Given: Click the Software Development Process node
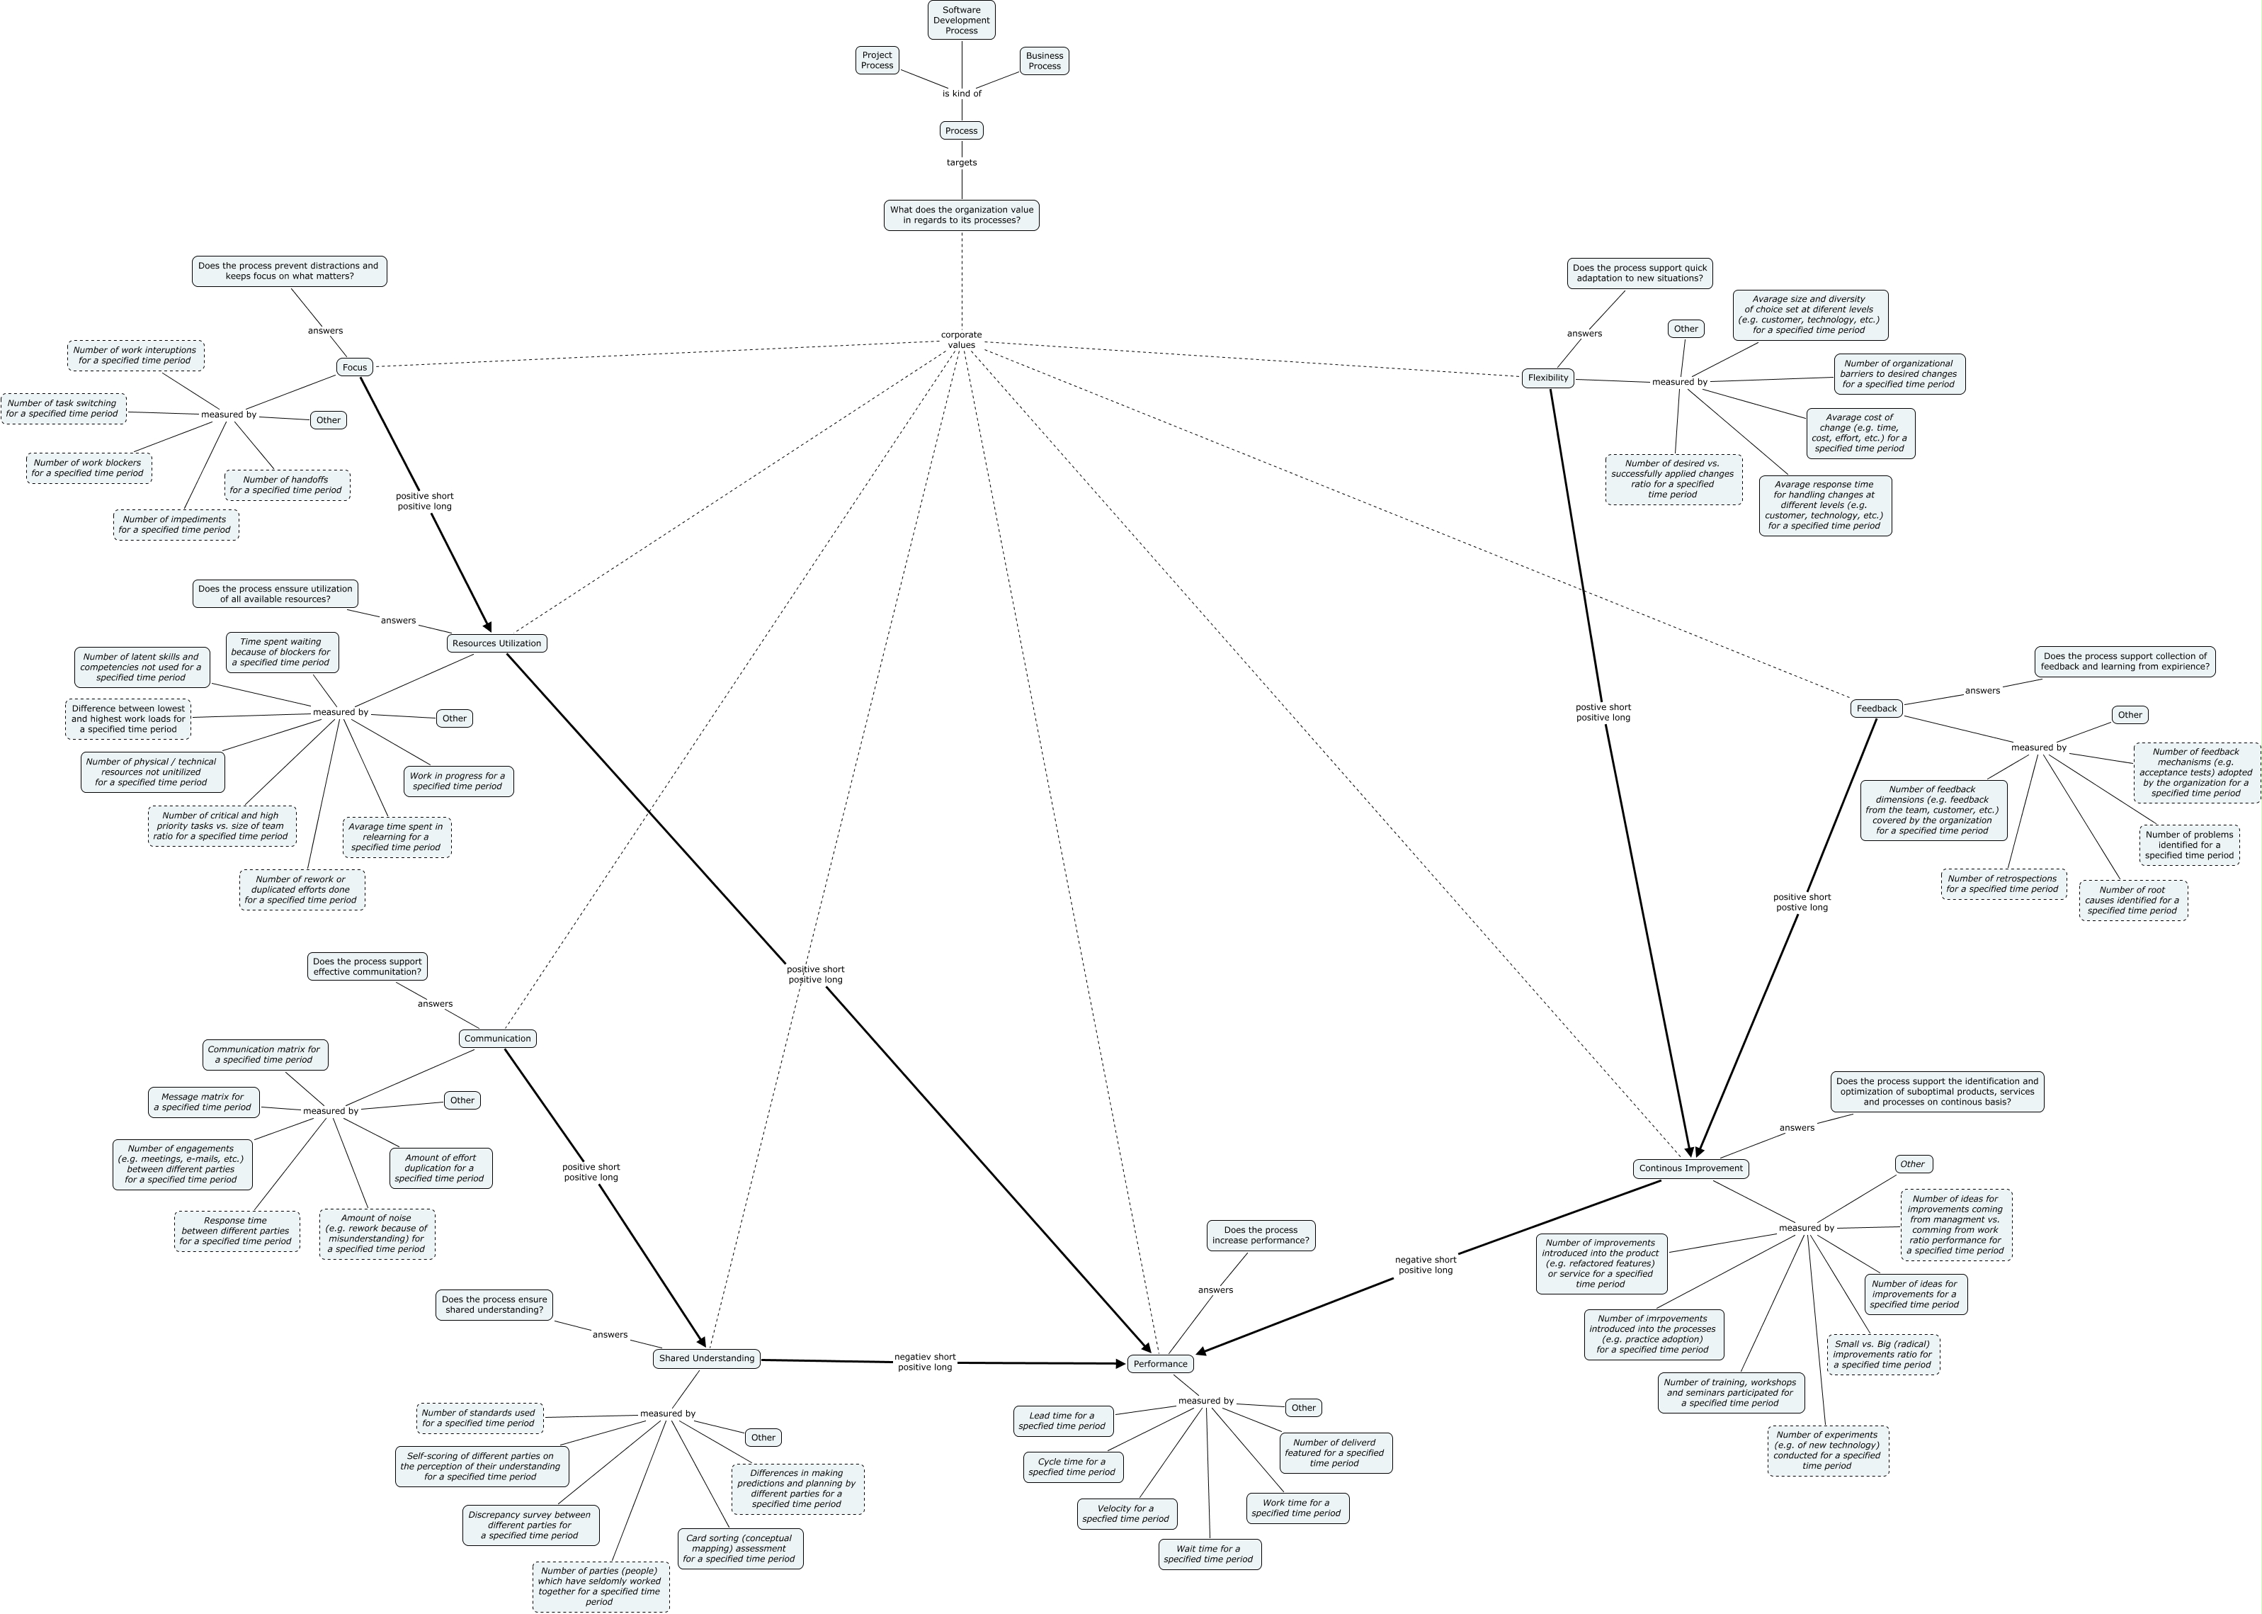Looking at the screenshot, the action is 960,20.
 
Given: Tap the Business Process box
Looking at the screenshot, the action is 1043,61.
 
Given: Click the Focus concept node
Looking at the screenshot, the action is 355,367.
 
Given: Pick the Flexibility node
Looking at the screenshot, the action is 1547,378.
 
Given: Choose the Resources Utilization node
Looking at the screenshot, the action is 496,643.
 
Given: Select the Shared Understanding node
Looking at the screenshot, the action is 706,1358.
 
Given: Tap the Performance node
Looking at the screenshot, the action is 1159,1364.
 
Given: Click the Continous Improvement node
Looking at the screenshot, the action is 1690,1168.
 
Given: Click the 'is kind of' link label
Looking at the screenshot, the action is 960,94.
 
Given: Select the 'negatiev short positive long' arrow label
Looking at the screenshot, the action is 924,1362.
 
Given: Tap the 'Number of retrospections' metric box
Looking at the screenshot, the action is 2003,884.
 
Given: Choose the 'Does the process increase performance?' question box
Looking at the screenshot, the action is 1260,1236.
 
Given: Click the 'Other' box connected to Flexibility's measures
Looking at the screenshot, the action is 1685,328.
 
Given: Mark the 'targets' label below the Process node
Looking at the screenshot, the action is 960,162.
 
